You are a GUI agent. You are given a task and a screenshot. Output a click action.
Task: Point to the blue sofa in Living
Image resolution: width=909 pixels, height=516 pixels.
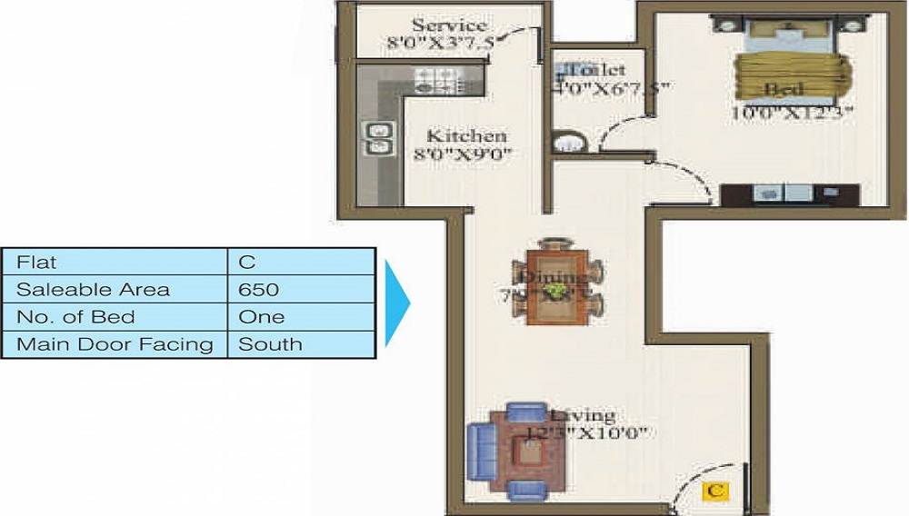[479, 451]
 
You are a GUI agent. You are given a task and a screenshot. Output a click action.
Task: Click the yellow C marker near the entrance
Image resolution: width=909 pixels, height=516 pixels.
[716, 491]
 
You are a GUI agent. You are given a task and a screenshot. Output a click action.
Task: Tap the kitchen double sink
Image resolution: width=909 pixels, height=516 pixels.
[377, 138]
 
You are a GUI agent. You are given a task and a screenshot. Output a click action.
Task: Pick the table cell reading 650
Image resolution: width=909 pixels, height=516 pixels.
[259, 290]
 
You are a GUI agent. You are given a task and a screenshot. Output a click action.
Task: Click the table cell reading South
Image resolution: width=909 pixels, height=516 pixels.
[270, 344]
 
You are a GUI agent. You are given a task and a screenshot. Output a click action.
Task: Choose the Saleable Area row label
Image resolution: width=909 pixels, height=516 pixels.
[93, 290]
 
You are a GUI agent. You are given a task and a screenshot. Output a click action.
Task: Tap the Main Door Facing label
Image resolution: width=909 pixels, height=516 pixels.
[115, 344]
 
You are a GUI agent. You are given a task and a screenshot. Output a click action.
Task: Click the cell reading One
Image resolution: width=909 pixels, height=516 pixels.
[261, 317]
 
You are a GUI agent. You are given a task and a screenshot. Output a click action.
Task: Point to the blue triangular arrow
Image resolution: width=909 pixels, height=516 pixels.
[396, 303]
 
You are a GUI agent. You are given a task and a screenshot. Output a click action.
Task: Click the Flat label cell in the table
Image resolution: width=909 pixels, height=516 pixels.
[36, 263]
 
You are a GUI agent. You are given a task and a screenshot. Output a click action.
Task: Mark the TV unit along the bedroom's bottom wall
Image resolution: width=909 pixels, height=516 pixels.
[789, 193]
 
